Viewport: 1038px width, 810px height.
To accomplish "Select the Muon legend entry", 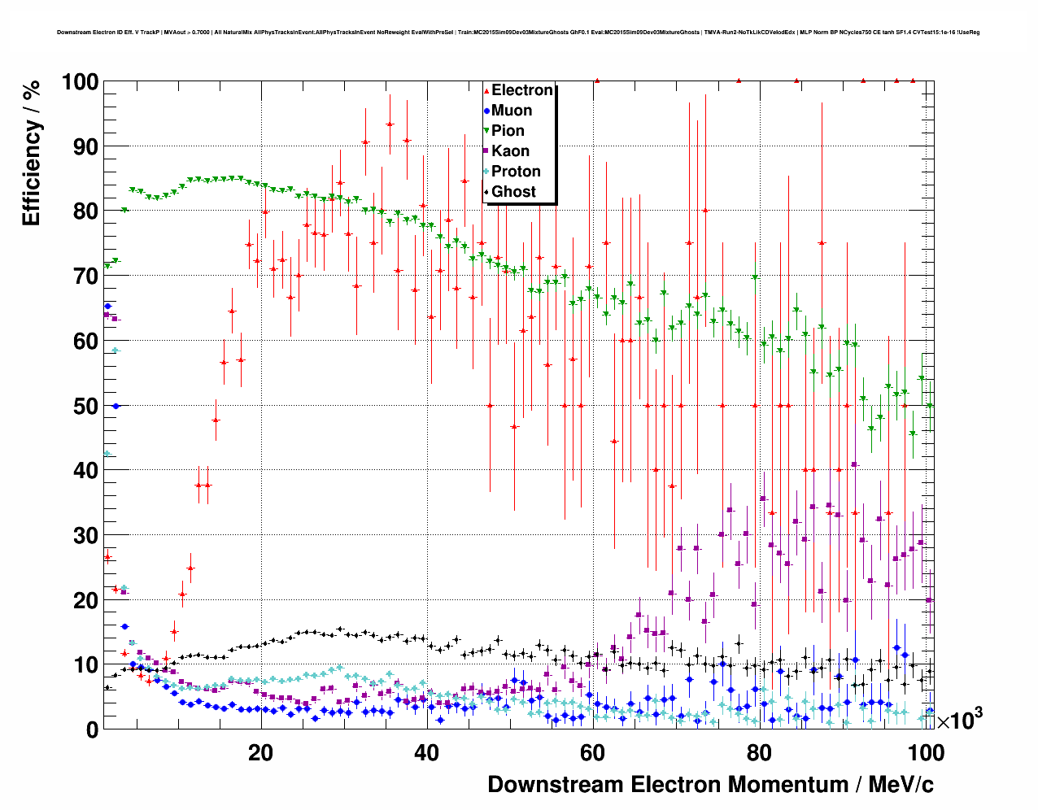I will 512,111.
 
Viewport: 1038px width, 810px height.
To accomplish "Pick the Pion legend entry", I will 508,131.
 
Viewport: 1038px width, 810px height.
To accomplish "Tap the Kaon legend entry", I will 510,151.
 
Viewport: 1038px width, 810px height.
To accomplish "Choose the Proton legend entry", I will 516,172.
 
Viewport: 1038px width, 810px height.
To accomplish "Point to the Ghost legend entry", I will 513,192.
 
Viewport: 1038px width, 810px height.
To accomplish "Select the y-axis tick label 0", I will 92,729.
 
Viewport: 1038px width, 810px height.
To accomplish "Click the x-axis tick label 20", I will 260,753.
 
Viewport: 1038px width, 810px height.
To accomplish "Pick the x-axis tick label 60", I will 593,753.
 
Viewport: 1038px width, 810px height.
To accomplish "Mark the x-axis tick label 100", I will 925,753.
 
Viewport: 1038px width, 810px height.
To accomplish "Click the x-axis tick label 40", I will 426,753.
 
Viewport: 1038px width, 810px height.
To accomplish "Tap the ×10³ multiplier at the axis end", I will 959,720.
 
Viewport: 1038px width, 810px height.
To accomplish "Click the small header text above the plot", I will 518,33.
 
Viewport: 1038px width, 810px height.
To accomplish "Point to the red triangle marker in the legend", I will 486,91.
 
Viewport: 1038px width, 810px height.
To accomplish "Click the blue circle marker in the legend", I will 486,111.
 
